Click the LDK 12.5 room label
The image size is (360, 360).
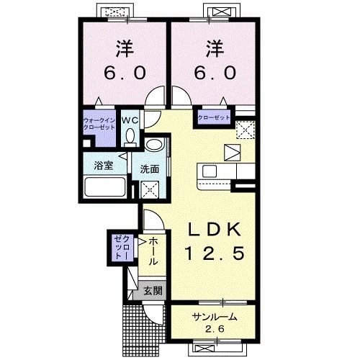point(215,241)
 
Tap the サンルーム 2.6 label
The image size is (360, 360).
point(215,323)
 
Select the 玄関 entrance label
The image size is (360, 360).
point(153,291)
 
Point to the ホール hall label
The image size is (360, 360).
point(153,251)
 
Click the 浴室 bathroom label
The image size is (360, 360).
point(104,166)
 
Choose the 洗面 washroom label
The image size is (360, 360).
point(150,169)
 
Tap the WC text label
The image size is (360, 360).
point(130,120)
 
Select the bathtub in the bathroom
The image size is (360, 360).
point(105,187)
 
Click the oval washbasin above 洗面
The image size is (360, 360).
point(155,145)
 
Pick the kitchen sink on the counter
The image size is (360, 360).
point(210,171)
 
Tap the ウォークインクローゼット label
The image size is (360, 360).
point(99,124)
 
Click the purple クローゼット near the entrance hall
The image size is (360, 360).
point(123,248)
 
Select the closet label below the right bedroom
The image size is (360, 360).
point(214,117)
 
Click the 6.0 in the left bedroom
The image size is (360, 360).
point(125,73)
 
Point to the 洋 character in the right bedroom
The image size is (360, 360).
point(215,49)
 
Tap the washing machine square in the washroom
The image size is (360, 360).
point(150,189)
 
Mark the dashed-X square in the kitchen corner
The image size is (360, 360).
point(245,130)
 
